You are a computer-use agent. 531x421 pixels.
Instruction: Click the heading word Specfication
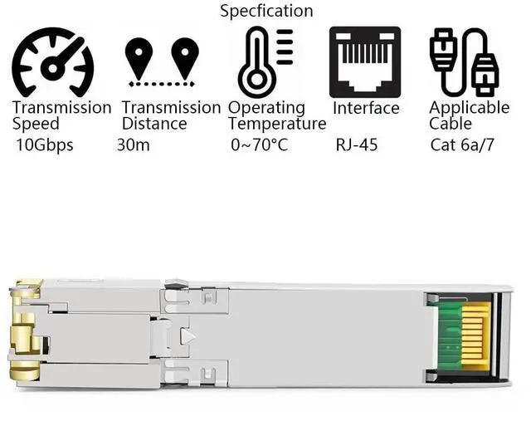(266, 11)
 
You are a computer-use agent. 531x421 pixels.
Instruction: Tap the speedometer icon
(51, 62)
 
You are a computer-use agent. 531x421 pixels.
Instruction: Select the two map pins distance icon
(162, 61)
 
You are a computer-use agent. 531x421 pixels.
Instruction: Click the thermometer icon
(264, 62)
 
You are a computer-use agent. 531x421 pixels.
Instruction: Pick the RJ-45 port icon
(364, 62)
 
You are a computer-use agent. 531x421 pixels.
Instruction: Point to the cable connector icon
(464, 62)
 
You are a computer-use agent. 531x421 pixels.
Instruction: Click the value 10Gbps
(45, 145)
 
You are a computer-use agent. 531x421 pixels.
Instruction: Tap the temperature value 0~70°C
(259, 145)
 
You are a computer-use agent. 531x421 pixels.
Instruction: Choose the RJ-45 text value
(357, 145)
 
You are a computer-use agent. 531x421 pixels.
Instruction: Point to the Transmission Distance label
(170, 115)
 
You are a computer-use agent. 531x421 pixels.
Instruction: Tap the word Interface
(366, 108)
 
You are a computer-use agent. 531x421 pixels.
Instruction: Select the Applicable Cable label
(469, 115)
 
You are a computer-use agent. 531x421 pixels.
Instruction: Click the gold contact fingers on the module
(474, 335)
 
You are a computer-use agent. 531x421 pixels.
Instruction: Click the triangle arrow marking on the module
(188, 336)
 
